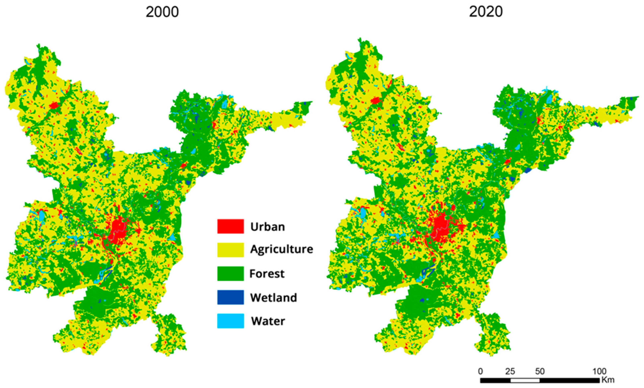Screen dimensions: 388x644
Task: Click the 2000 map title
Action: (162, 12)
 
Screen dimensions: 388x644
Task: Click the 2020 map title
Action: (486, 12)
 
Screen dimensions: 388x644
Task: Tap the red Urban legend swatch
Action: (230, 226)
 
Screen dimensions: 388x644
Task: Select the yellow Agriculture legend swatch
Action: (230, 250)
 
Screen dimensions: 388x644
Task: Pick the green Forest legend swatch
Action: (230, 274)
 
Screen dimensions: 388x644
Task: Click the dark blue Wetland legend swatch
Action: (230, 297)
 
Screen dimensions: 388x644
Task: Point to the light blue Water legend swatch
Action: (230, 321)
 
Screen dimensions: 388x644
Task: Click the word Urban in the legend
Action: (267, 227)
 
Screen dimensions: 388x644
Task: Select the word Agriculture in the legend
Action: (282, 249)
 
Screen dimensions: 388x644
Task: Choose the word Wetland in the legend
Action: (273, 298)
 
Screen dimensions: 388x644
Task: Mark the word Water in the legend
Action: (268, 321)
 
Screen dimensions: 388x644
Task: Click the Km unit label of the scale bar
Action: (608, 380)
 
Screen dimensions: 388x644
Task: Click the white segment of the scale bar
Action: (525, 380)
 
